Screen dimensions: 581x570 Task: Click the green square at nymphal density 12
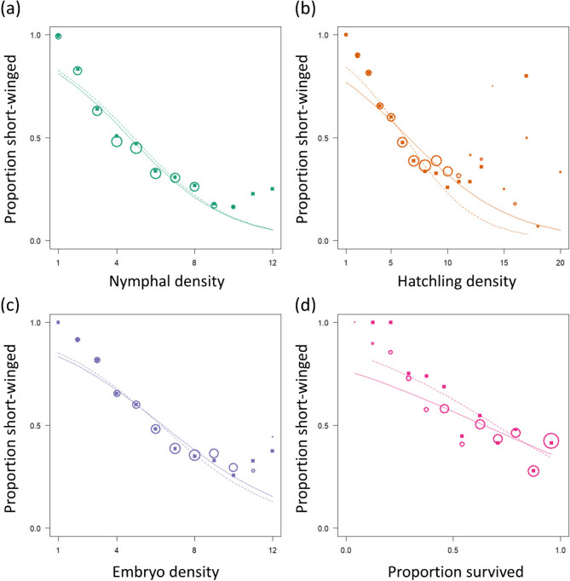(x=272, y=188)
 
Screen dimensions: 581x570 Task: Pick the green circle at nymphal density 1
(x=58, y=37)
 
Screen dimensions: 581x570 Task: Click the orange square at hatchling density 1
(x=346, y=35)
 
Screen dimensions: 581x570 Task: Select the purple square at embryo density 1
(x=58, y=322)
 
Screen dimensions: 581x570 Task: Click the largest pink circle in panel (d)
(x=551, y=441)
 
